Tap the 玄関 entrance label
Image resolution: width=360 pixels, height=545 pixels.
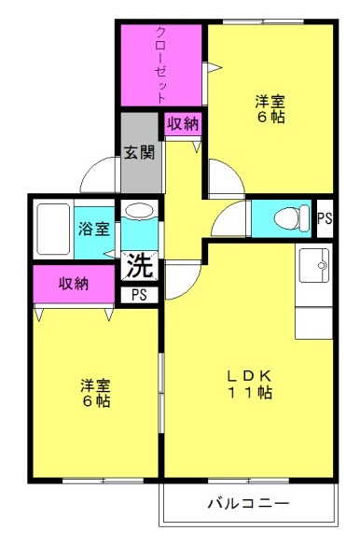[139, 152]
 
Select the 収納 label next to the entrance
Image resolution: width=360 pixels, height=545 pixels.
[183, 124]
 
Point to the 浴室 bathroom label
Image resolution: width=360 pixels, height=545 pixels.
[94, 229]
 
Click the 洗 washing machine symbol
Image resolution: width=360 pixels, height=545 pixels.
[139, 265]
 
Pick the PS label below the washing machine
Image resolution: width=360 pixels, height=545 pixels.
[139, 295]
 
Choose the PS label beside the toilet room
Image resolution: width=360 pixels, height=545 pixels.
[325, 219]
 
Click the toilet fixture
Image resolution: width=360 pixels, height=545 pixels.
[291, 218]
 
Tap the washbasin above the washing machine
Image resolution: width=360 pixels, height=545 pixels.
[139, 211]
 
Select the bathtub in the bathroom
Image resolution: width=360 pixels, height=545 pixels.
[53, 229]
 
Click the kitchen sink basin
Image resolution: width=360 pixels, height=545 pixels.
[314, 265]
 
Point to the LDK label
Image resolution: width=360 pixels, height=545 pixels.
[249, 376]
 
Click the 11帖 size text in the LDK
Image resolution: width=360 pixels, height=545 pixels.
[250, 392]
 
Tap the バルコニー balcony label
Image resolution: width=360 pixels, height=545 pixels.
[248, 503]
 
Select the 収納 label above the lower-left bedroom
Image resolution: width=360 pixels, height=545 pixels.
[74, 284]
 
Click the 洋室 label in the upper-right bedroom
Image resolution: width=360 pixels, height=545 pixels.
[270, 101]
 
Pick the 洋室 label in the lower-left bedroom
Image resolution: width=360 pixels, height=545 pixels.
[95, 385]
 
